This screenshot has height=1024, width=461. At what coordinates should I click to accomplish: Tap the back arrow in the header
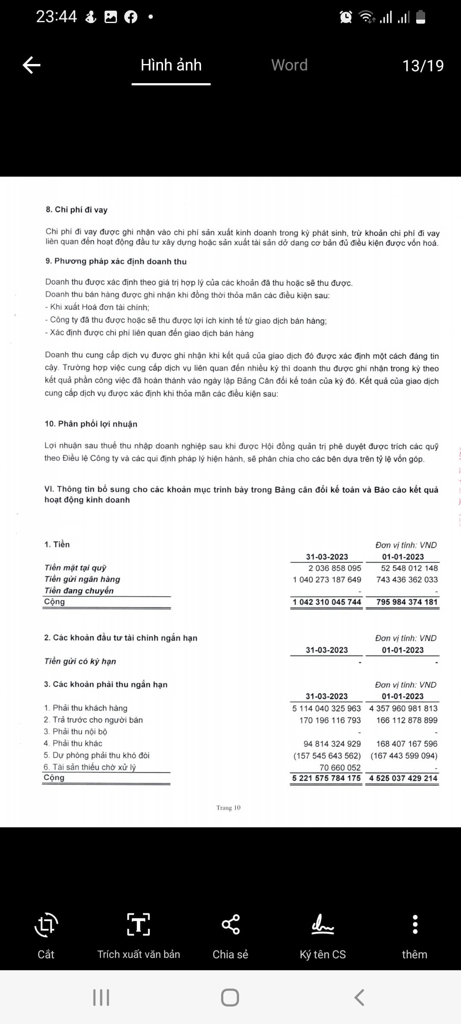coord(32,65)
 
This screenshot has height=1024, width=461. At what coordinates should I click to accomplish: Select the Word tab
coord(289,65)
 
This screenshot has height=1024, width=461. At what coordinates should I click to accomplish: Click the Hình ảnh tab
coord(171,65)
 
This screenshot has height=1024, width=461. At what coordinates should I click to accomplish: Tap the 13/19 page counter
coord(423,66)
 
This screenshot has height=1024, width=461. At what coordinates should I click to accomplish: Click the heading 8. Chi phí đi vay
coord(77,209)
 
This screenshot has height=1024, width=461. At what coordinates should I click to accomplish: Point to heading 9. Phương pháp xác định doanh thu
coord(116,261)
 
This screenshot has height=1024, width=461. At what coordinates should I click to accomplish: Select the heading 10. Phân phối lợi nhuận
coord(91,424)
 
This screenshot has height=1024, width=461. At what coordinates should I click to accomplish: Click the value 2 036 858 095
coord(335,568)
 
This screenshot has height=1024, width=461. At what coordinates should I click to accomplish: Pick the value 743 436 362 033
coord(407,579)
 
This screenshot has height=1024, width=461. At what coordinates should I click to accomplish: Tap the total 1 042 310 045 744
coord(327,602)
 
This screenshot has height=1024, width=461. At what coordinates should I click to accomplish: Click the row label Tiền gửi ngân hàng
coord(82,579)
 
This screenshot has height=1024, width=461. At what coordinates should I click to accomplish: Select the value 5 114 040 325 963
coord(326,708)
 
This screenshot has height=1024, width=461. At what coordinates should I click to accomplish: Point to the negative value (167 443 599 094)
coord(404,756)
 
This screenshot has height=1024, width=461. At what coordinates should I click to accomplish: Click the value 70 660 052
coord(340,767)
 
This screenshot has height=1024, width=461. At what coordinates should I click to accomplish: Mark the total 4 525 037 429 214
coord(403,778)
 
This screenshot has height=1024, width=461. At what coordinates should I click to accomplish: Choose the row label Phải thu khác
coord(77,743)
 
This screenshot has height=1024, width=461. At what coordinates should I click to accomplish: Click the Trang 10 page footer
coord(228,808)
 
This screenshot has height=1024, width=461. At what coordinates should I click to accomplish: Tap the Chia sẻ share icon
coord(230,925)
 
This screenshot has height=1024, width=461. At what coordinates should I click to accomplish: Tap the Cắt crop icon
coord(46,925)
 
